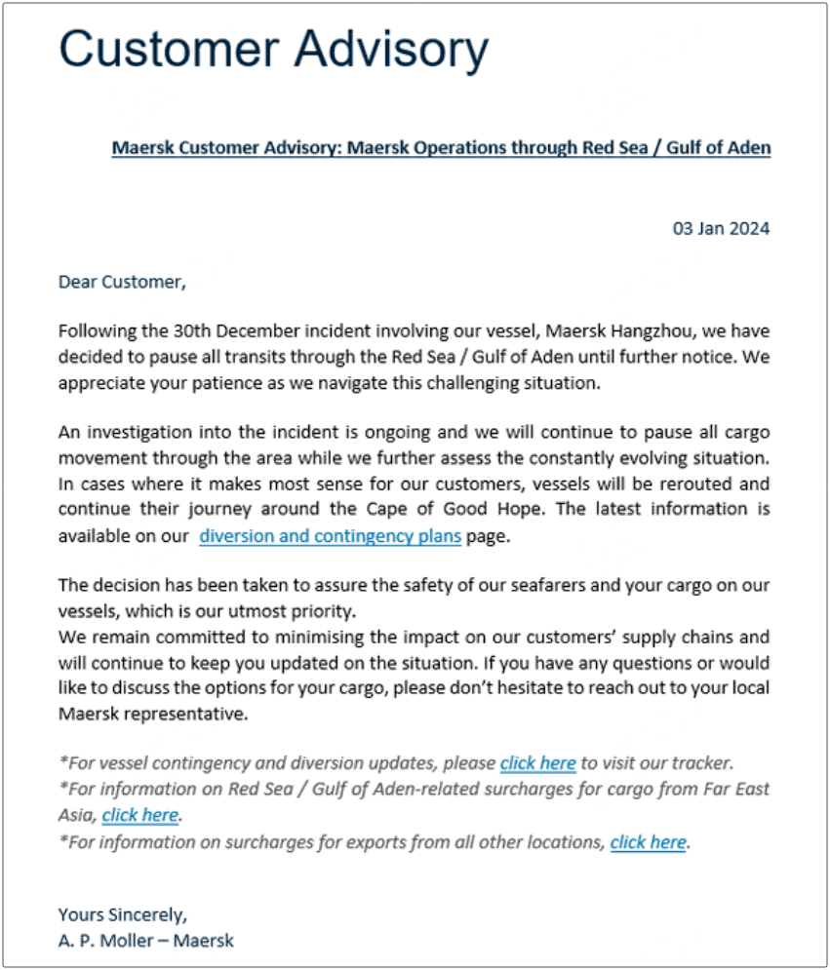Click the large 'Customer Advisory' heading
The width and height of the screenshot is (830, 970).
click(273, 49)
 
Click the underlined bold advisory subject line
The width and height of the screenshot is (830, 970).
click(441, 148)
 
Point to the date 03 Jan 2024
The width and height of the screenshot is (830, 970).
click(721, 229)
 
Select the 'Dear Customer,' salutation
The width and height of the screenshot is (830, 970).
click(121, 283)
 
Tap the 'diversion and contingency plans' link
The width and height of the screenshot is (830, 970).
click(330, 536)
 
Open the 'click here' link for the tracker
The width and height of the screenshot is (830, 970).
click(537, 763)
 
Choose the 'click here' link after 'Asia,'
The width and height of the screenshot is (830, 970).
click(139, 815)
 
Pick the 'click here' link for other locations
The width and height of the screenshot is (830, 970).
click(649, 841)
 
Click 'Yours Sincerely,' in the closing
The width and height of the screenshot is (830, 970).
click(122, 914)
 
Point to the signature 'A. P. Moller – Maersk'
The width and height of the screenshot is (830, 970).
click(145, 941)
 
